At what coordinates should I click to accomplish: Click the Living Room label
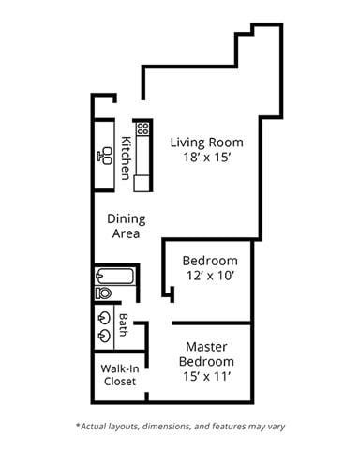206,142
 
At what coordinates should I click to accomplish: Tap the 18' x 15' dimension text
206,158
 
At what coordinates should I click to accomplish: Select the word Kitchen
125,158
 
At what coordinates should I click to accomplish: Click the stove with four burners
142,127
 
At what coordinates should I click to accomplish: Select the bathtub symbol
115,276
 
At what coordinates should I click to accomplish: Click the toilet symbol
103,293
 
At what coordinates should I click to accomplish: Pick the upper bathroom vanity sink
102,316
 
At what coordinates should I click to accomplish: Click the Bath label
123,325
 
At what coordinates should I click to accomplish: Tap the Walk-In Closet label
119,374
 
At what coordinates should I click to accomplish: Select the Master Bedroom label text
209,352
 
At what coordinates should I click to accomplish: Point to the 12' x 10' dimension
210,276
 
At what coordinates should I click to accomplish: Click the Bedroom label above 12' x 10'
210,260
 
